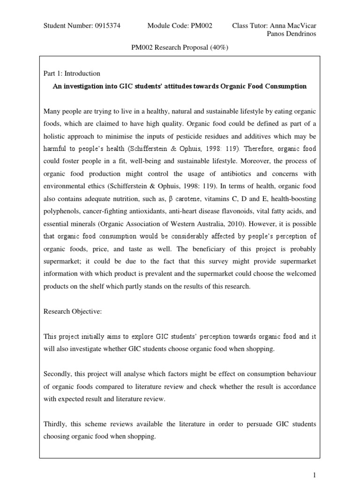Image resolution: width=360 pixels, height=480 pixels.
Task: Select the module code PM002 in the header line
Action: click(x=201, y=26)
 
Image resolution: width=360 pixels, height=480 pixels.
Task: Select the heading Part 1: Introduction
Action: click(x=72, y=74)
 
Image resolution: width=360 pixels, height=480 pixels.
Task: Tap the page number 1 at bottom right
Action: click(x=315, y=474)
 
